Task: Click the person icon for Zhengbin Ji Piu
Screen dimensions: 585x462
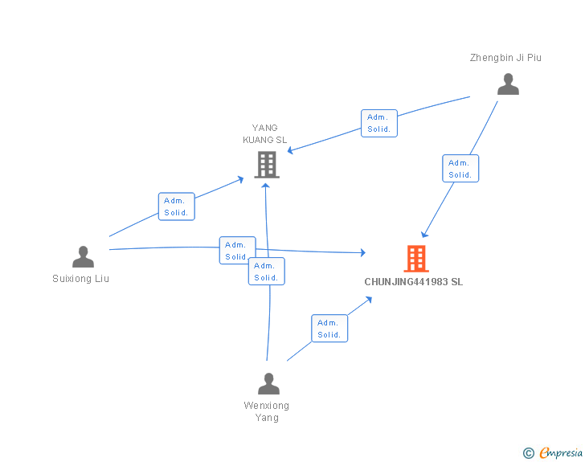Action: click(508, 84)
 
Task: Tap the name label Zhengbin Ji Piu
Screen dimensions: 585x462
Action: click(505, 58)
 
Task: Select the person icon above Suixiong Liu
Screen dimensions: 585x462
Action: click(83, 257)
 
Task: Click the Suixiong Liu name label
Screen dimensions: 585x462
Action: click(80, 279)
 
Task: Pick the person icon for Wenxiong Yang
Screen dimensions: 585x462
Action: click(268, 383)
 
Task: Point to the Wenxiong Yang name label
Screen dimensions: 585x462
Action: click(267, 411)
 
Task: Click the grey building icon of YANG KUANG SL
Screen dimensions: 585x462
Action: click(267, 165)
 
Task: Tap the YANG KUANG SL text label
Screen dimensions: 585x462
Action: click(265, 133)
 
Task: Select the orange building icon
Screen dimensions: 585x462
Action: click(416, 259)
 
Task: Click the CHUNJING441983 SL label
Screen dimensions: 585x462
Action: click(413, 282)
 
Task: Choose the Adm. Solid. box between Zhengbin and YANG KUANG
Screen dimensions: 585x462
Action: click(379, 123)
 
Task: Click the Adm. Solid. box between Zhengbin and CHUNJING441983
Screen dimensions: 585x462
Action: click(460, 168)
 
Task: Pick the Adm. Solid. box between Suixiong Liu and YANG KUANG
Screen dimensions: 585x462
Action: click(177, 206)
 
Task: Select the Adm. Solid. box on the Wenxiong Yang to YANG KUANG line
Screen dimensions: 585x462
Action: click(267, 272)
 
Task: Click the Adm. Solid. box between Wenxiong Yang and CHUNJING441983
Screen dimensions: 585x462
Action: click(329, 329)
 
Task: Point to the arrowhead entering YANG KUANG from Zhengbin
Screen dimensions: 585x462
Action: click(290, 150)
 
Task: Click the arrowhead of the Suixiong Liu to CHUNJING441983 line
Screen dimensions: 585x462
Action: click(363, 252)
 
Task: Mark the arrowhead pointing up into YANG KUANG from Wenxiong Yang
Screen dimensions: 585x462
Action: click(266, 186)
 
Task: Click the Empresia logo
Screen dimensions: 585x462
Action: click(553, 452)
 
